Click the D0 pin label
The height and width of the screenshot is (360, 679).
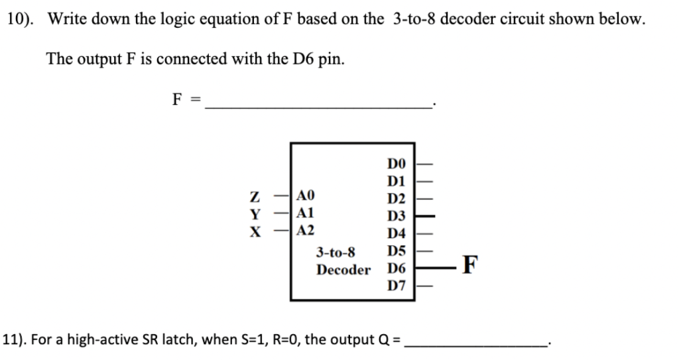pyautogui.click(x=395, y=163)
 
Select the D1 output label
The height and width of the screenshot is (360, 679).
pyautogui.click(x=395, y=180)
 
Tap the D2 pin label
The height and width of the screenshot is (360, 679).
pyautogui.click(x=395, y=198)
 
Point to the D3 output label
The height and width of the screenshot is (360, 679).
pyautogui.click(x=395, y=215)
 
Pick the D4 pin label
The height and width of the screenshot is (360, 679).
pyautogui.click(x=395, y=233)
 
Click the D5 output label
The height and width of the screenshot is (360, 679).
pyautogui.click(x=395, y=251)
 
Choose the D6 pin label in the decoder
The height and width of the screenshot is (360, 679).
pyautogui.click(x=395, y=269)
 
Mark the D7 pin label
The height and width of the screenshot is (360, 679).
pyautogui.click(x=395, y=286)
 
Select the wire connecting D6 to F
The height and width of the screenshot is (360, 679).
pyautogui.click(x=435, y=268)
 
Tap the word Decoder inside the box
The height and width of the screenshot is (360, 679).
pyautogui.click(x=343, y=270)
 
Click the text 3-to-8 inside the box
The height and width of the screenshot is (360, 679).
pyautogui.click(x=336, y=252)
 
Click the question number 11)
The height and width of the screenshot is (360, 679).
pyautogui.click(x=15, y=340)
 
